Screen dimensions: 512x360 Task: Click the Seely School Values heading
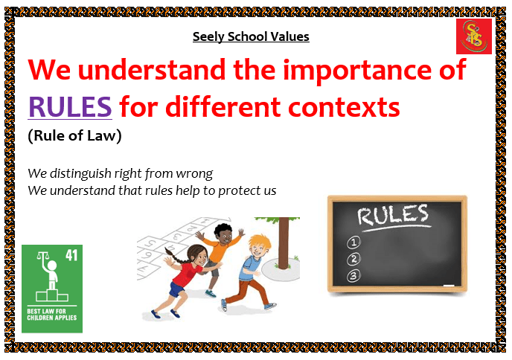tap(251, 36)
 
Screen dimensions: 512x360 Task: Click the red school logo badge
tap(474, 36)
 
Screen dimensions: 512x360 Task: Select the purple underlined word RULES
tap(70, 106)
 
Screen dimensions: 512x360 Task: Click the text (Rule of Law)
tap(74, 136)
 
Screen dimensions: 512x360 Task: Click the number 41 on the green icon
tap(71, 255)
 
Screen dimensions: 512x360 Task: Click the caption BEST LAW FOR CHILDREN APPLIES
tap(52, 315)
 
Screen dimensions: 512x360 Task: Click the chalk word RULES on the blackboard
tap(392, 215)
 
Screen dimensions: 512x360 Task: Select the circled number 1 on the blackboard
tap(353, 242)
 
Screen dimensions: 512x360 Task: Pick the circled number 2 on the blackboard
tap(353, 259)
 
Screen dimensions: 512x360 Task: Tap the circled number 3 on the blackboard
tap(353, 276)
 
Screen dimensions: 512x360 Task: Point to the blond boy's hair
tap(260, 242)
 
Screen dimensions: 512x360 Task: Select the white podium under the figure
tap(52, 295)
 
